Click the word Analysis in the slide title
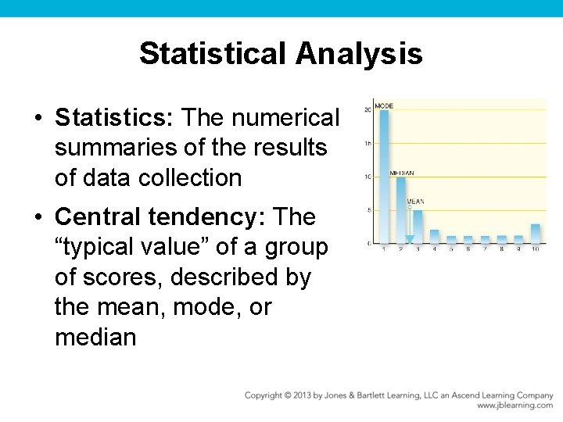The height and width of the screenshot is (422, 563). click(359, 54)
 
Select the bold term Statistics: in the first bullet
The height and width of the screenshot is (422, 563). click(115, 118)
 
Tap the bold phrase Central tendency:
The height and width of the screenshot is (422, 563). click(163, 216)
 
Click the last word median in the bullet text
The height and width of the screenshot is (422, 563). click(95, 338)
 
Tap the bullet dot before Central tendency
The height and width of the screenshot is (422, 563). click(38, 217)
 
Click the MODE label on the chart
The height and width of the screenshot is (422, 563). click(384, 106)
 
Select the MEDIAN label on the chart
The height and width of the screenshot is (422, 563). click(402, 173)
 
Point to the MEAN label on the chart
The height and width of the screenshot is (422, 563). click(415, 202)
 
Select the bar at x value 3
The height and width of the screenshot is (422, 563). click(418, 227)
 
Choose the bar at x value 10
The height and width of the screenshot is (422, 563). click(535, 234)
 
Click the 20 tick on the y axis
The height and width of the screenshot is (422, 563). click(367, 110)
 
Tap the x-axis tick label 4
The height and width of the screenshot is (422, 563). click(435, 249)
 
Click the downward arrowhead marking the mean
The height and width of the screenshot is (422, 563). click(409, 240)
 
